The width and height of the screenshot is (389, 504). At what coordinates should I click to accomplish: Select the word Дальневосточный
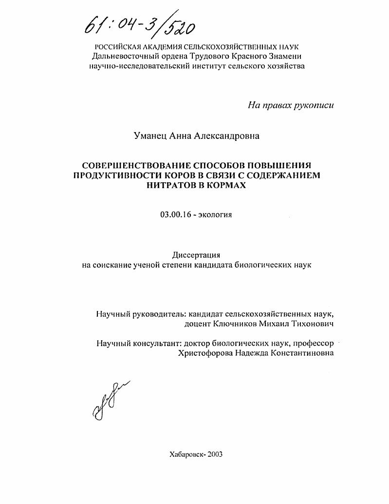123,57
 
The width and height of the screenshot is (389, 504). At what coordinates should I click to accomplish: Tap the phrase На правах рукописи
291,105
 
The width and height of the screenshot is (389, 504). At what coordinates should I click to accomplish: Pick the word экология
215,214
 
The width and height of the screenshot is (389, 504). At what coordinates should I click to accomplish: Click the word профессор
312,344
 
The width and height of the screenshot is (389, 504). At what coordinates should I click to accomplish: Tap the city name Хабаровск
186,454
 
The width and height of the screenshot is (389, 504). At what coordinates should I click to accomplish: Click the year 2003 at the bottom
215,454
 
